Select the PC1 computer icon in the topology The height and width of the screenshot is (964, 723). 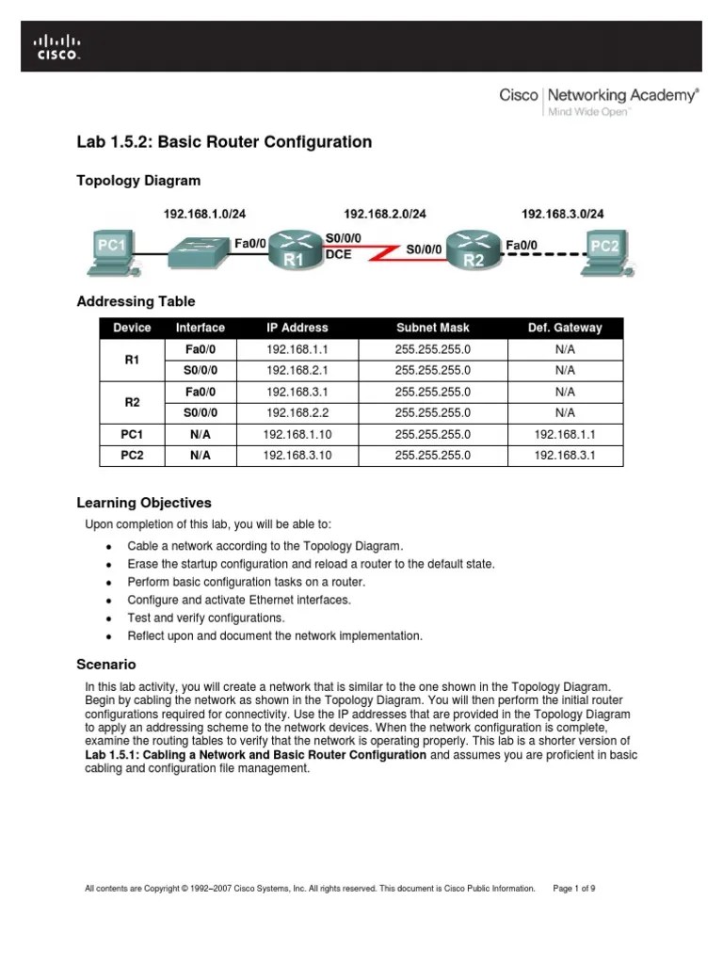112,250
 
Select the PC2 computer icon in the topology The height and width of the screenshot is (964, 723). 604,250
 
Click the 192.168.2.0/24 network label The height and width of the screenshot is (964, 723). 385,215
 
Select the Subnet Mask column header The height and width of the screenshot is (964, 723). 432,328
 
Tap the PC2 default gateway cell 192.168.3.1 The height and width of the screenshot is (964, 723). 565,456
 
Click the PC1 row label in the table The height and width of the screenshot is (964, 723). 132,434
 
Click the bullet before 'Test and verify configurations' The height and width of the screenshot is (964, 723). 109,619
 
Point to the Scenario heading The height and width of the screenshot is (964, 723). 105,664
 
